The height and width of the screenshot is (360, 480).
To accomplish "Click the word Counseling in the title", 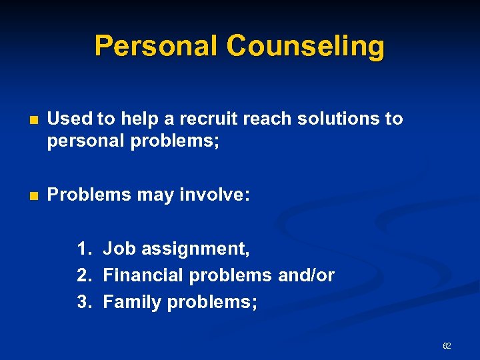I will (x=305, y=47).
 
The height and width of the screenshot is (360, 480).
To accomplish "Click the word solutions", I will (x=337, y=119).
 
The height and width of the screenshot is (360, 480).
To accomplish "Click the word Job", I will (x=118, y=249).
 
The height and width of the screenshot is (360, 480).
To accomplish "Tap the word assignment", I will (x=194, y=249).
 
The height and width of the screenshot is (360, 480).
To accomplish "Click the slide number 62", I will (x=447, y=346).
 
